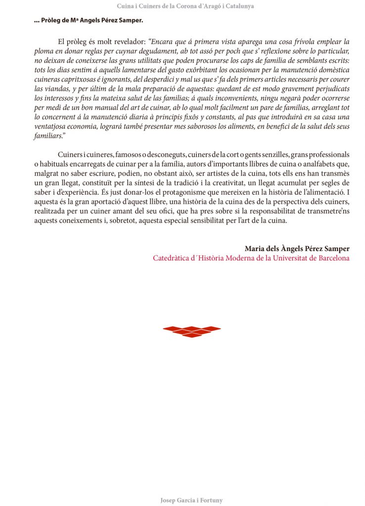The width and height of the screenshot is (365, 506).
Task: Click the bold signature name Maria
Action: [256, 248]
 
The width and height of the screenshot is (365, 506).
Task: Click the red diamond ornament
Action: [192, 331]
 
